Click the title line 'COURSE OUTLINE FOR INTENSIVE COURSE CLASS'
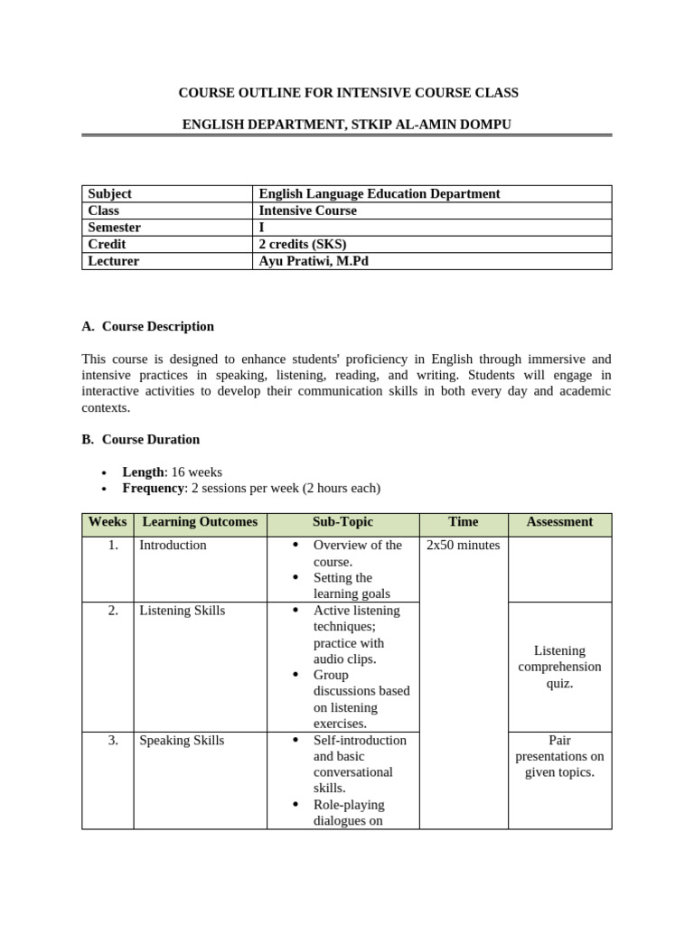tap(348, 92)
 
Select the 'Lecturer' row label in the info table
tap(114, 261)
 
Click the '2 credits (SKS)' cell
tap(303, 244)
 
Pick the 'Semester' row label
tap(114, 228)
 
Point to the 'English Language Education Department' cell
tap(379, 193)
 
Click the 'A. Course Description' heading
tap(148, 326)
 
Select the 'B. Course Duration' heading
tap(141, 439)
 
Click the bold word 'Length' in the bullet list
tap(143, 472)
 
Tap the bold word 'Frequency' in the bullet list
tap(153, 488)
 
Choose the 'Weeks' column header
tap(108, 522)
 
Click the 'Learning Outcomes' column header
tap(200, 522)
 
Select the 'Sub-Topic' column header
tap(342, 522)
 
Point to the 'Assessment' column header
tap(559, 522)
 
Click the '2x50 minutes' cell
tap(463, 546)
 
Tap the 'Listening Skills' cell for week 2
tap(182, 611)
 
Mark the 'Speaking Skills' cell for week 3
tap(182, 741)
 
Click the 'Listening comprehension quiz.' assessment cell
tap(559, 667)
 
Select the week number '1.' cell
tap(113, 546)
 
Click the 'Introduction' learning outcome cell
tap(173, 546)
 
